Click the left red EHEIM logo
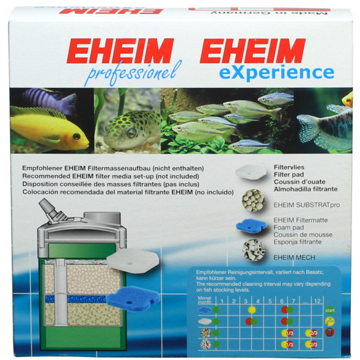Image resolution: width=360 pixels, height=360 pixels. (120, 51)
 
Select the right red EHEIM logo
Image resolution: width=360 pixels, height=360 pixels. (252, 51)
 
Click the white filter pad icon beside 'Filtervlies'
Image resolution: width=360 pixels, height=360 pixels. (251, 171)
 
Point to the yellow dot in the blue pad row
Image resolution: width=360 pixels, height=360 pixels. (251, 309)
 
